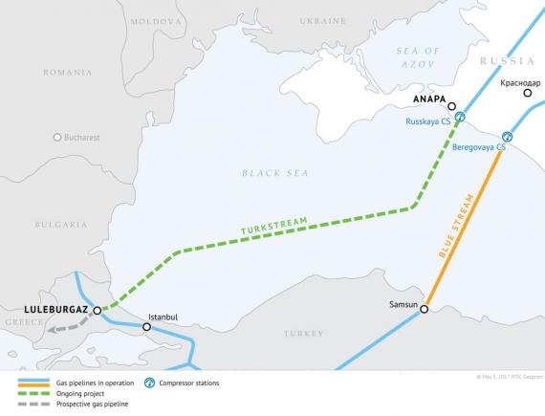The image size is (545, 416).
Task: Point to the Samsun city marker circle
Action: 424,309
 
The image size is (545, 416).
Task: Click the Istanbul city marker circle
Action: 146,327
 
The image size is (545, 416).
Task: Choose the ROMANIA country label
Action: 68,72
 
